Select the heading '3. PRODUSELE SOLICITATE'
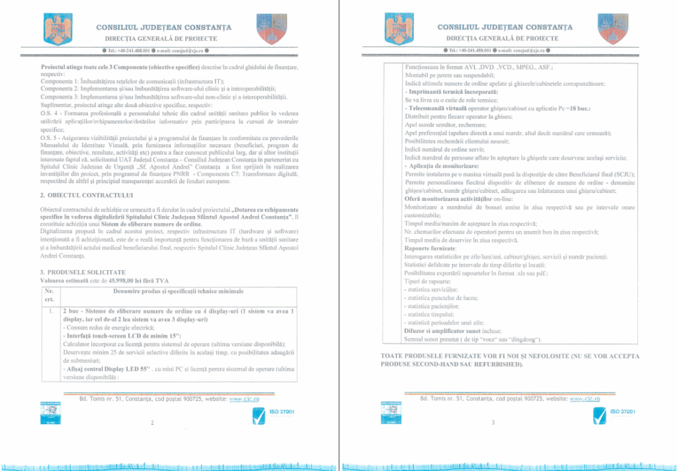pos(79,272)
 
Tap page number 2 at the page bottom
pos(152,423)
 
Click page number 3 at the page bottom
pos(493,423)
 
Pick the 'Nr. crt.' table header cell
pos(49,295)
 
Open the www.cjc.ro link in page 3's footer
pos(584,399)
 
